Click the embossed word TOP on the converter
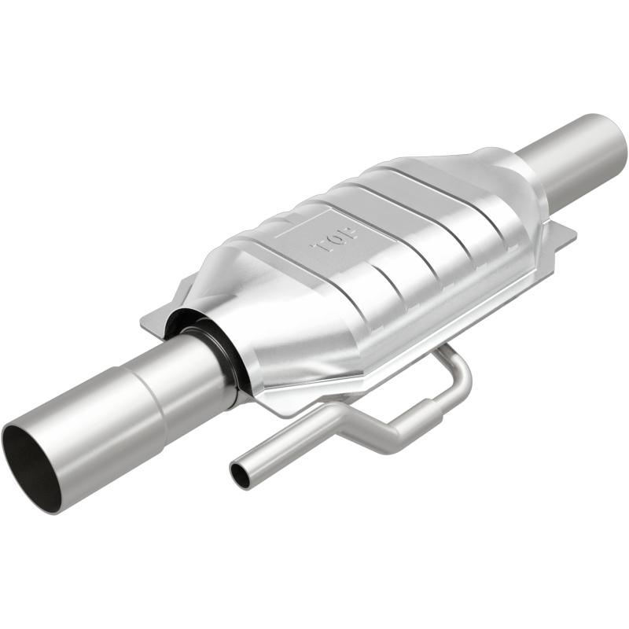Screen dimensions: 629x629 point(337,237)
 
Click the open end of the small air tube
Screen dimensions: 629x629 point(241,474)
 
